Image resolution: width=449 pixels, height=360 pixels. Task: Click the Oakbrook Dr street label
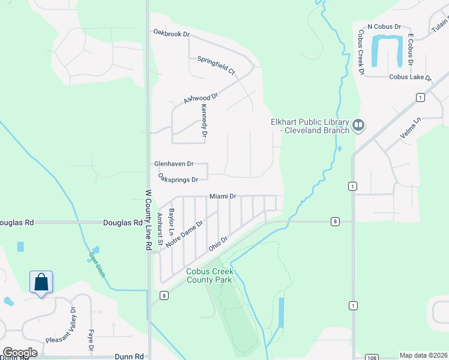171,34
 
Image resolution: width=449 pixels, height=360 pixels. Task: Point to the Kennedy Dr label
204,121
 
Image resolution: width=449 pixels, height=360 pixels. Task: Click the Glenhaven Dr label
173,163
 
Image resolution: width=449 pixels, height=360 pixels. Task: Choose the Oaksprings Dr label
178,178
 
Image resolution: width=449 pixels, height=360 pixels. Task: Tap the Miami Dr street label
223,196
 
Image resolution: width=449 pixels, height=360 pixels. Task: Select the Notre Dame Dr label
185,232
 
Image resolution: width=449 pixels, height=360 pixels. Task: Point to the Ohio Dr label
218,244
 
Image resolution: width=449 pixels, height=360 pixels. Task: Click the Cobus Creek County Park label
209,275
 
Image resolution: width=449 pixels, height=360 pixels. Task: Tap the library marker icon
358,125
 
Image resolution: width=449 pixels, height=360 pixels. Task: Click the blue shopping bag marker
41,282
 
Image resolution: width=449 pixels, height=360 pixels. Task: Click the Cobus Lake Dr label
410,77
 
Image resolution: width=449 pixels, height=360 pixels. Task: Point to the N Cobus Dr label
384,27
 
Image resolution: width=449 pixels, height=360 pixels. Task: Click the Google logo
19,352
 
